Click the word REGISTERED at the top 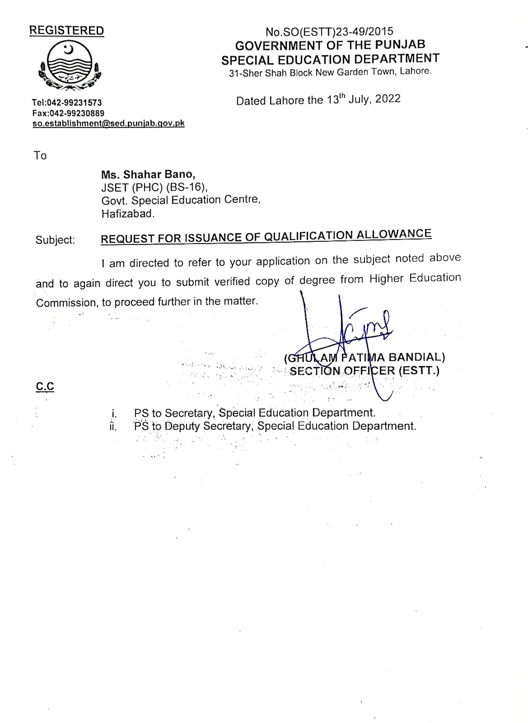pos(67,31)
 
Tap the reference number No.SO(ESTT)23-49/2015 pos(329,32)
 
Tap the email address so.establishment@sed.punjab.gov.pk pos(109,123)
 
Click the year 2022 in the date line pos(388,99)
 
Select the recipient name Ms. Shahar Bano pos(148,175)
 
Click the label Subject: pos(55,240)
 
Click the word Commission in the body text pos(67,303)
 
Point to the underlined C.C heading pos(45,386)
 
